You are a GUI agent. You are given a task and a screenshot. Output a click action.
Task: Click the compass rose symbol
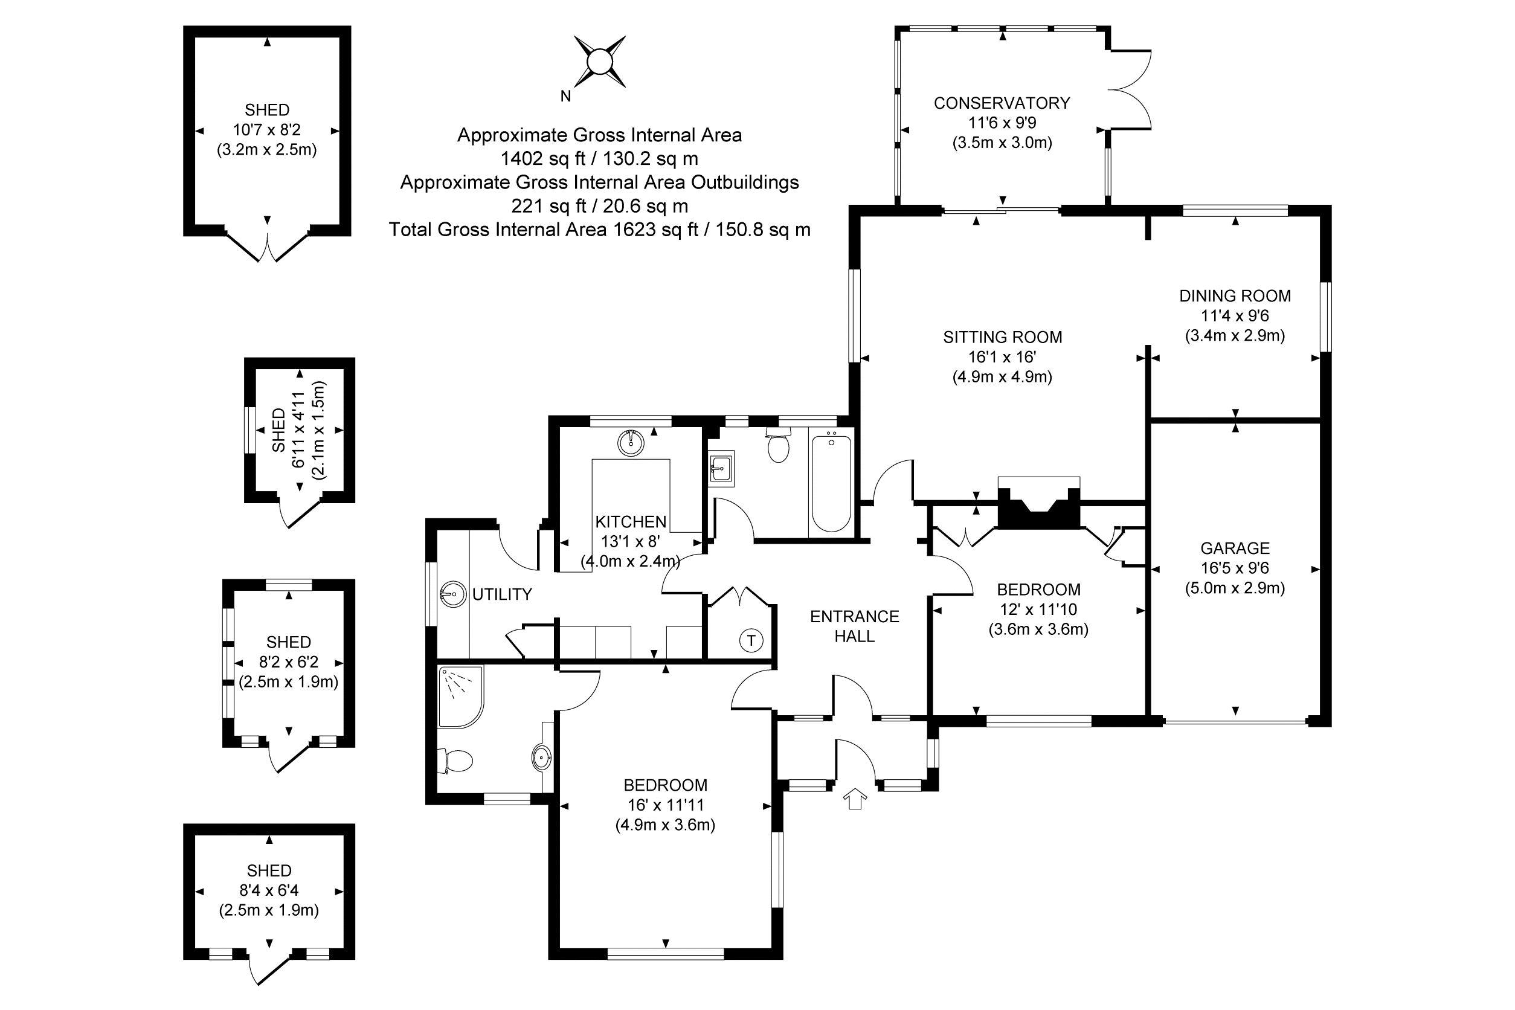pyautogui.click(x=600, y=62)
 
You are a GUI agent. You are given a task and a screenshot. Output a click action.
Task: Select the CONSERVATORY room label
pyautogui.click(x=1002, y=103)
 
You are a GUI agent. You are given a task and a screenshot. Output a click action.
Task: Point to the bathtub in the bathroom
pyautogui.click(x=831, y=483)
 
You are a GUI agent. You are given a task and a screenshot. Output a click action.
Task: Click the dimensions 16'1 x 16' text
pyautogui.click(x=1002, y=357)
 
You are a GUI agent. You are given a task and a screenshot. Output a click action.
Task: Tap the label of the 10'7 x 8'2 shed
pyautogui.click(x=266, y=109)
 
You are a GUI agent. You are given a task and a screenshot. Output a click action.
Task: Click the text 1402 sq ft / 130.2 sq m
pyautogui.click(x=599, y=158)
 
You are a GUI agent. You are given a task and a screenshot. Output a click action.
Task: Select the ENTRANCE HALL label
pyautogui.click(x=854, y=626)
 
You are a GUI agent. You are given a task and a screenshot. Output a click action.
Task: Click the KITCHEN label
pyautogui.click(x=631, y=521)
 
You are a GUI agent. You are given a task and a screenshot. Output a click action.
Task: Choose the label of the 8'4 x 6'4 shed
pyautogui.click(x=269, y=871)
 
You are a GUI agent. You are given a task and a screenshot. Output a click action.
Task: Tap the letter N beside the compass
pyautogui.click(x=565, y=97)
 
